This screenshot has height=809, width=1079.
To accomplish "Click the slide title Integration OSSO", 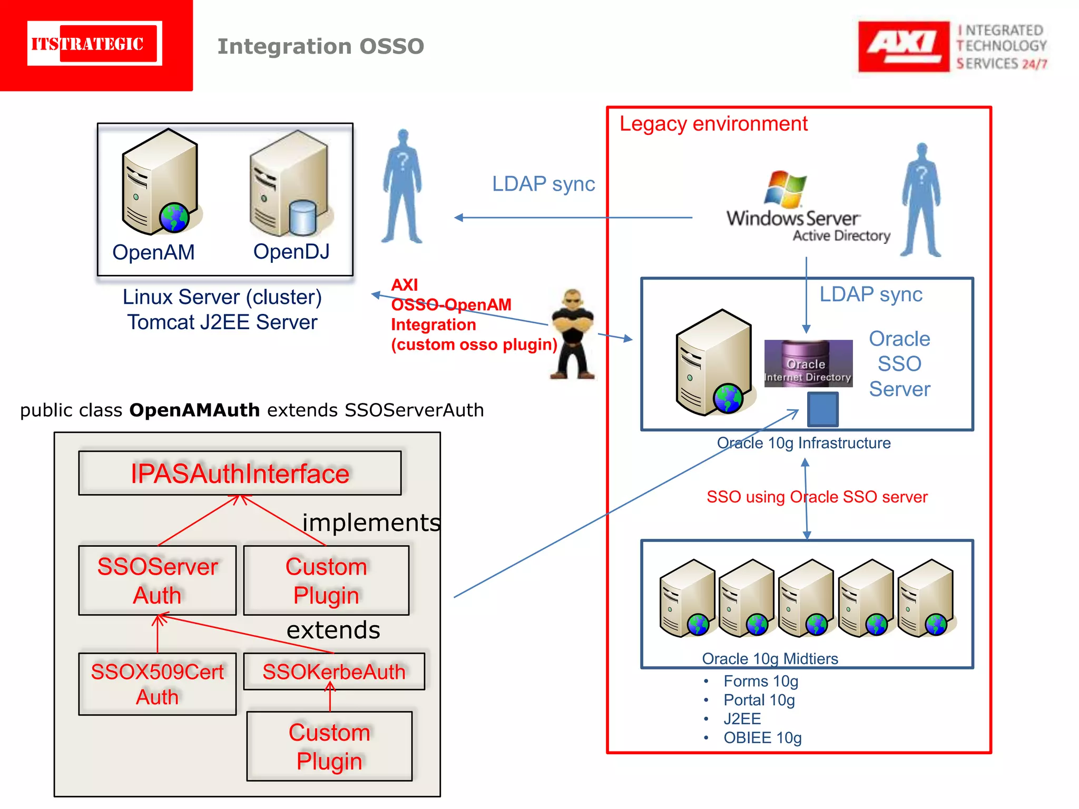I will (x=321, y=46).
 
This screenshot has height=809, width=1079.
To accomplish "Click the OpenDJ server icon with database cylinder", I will (x=290, y=184).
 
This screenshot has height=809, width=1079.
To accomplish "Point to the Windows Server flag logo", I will (x=785, y=189).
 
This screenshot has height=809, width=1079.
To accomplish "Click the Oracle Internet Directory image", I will (x=808, y=363).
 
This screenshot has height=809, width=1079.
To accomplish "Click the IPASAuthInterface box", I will (x=240, y=473).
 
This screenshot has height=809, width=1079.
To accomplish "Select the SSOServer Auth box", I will (x=157, y=580).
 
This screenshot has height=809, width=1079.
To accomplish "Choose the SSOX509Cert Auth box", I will (x=157, y=684).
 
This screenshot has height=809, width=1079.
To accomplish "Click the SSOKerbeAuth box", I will (x=333, y=672).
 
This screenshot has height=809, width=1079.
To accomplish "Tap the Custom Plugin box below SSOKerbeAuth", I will (x=329, y=746).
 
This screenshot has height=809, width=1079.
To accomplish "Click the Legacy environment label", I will (x=713, y=124).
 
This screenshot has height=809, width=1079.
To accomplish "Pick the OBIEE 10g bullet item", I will (x=762, y=737).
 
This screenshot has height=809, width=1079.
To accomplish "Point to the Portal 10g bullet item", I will (x=759, y=700).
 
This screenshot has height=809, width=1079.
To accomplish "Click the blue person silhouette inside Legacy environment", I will (x=921, y=200).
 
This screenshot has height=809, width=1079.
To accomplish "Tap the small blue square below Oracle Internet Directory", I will (x=822, y=409).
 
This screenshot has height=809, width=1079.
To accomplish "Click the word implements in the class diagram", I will (x=371, y=522).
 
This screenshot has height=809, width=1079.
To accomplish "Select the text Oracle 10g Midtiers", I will (x=770, y=658).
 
